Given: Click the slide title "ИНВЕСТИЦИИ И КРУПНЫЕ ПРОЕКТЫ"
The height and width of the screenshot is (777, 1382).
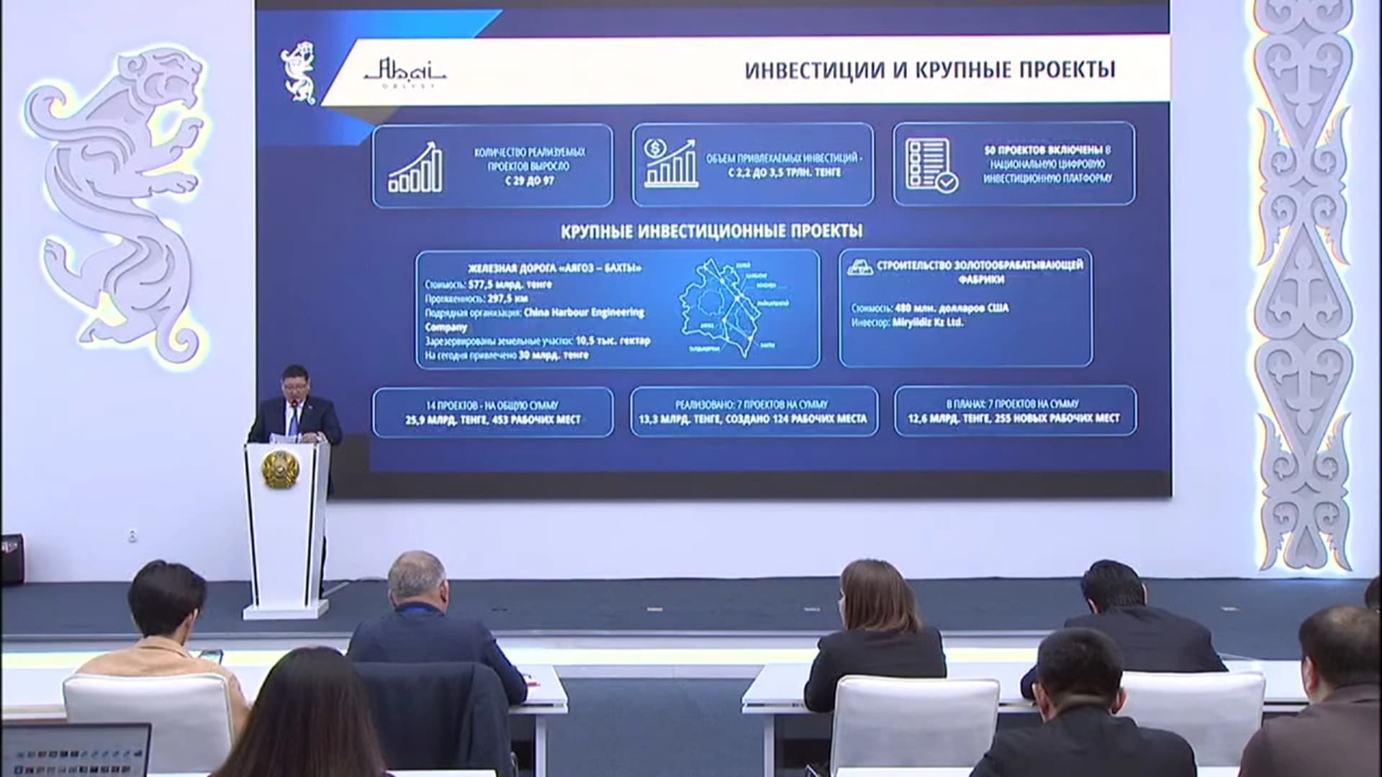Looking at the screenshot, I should coord(930,70).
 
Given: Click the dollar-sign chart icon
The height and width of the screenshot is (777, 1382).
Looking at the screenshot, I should coord(670,165).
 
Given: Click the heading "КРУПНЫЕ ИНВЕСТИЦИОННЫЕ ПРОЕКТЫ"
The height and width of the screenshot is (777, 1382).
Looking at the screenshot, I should coord(711,232).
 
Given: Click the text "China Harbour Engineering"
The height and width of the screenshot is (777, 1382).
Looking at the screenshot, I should coord(583,313).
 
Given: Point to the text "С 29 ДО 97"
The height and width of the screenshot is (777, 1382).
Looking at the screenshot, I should coord(530,181).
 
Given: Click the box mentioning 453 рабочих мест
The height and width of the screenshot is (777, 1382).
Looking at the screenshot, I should coord(492,412).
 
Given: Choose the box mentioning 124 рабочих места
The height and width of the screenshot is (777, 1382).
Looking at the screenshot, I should coord(753,412).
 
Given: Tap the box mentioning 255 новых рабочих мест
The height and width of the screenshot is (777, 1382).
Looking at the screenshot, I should coord(1014,412).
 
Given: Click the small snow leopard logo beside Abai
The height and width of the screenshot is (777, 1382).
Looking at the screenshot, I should coord(298,71).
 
